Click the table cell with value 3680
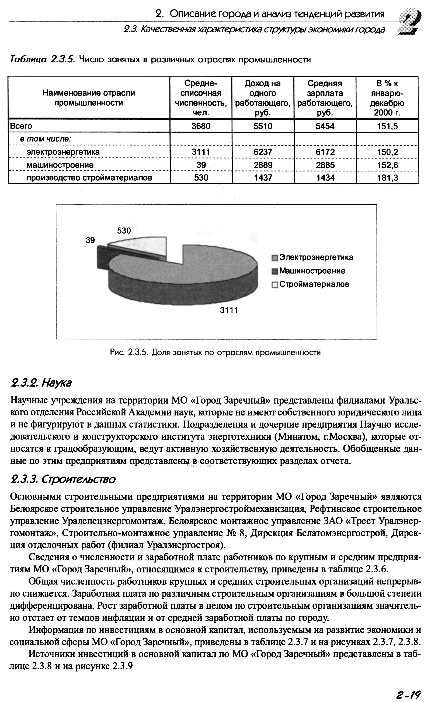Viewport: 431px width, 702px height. coord(201,126)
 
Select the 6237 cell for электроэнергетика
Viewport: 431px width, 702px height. coord(263,152)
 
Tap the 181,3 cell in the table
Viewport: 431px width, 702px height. coord(387,178)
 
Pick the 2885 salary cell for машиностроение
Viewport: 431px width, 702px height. coord(325,165)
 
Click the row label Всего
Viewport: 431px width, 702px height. coord(21,126)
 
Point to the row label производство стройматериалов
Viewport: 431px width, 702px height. coord(89,178)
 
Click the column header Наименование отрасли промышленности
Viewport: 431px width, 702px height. coord(89,98)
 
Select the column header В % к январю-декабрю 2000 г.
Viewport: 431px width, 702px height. coord(387,98)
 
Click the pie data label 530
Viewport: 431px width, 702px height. coord(124,230)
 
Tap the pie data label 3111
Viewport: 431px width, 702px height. coord(229,310)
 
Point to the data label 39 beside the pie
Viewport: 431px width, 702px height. coord(90,240)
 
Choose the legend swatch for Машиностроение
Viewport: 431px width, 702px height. coord(275,271)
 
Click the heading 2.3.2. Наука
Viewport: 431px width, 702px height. coord(41,383)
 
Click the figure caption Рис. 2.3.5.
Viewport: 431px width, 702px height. coord(215,353)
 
